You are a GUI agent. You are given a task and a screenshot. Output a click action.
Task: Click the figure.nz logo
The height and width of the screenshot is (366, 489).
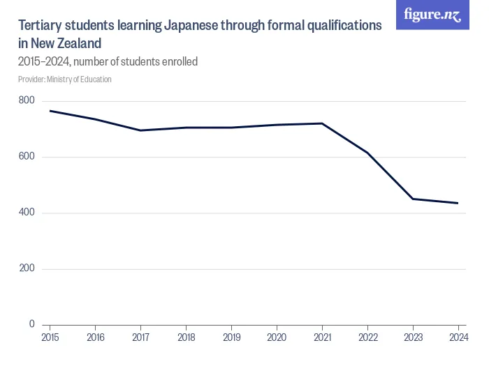[432, 15]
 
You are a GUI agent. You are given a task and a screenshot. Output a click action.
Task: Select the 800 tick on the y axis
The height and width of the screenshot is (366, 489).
[27, 100]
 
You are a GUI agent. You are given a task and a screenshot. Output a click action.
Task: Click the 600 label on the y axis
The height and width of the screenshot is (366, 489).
[27, 157]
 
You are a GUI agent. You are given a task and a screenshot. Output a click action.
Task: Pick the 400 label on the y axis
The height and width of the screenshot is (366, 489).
[27, 213]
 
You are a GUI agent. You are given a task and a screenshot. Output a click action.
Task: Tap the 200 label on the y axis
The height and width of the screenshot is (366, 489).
[27, 268]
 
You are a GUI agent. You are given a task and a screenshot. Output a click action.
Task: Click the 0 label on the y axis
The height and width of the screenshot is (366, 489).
[31, 324]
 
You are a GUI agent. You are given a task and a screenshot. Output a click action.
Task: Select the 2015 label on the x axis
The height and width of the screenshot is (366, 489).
[50, 339]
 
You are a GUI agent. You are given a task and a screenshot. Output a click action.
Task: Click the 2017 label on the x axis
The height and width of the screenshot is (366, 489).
[140, 339]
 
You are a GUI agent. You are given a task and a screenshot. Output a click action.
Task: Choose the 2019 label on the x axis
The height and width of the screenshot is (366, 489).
[231, 339]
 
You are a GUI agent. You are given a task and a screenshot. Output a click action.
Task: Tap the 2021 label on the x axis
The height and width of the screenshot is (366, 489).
[322, 339]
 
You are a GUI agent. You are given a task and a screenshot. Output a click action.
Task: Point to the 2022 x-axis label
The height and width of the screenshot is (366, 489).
[367, 339]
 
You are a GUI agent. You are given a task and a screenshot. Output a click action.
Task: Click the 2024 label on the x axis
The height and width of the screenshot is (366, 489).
[458, 339]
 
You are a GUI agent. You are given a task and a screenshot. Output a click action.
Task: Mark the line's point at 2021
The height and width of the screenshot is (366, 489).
[322, 123]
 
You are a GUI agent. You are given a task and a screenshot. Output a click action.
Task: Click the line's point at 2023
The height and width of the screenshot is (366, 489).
[413, 199]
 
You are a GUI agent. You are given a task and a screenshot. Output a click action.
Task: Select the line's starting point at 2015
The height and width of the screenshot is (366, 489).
[50, 111]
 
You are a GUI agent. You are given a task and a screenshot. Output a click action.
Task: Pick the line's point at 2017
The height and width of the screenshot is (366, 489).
[140, 130]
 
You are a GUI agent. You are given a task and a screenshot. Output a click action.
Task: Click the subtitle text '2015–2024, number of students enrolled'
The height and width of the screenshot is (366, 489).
[108, 61]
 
